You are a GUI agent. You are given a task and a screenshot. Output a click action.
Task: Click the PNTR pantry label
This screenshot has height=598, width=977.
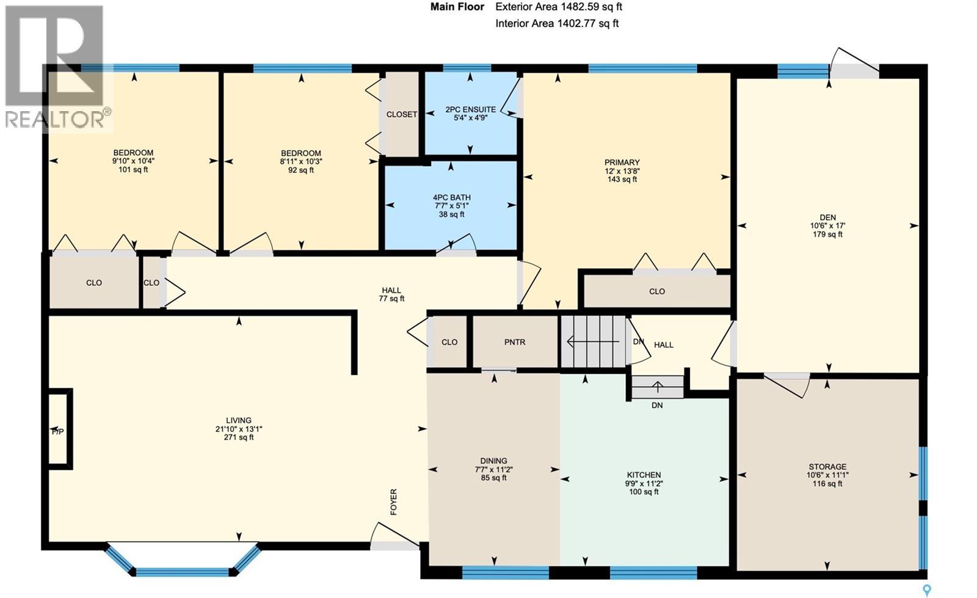515,342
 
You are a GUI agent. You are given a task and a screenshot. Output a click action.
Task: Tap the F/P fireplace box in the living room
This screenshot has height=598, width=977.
59,430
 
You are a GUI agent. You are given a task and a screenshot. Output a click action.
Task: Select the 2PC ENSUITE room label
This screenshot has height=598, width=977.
470,110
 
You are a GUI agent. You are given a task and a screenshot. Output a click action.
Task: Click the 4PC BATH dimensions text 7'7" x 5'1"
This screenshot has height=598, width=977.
451,206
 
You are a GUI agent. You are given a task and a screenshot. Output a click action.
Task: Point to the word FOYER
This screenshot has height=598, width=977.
394,501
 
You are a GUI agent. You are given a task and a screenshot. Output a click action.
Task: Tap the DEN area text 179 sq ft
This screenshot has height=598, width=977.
827,234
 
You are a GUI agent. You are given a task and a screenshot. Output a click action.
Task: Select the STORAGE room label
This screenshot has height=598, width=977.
827,467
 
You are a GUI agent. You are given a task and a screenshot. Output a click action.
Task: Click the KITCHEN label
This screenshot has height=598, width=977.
644,475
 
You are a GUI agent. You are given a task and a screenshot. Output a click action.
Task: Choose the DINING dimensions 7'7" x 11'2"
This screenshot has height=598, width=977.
493,470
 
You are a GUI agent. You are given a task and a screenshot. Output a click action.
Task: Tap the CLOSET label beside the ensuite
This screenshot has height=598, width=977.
402,114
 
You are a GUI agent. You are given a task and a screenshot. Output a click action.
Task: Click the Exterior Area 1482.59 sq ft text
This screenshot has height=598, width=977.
559,7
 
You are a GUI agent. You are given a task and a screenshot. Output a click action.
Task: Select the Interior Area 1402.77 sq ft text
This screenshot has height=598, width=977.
557,24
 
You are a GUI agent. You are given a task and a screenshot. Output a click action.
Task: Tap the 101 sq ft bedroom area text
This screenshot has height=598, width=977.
133,169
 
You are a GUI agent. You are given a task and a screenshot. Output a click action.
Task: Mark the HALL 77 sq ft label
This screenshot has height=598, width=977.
391,294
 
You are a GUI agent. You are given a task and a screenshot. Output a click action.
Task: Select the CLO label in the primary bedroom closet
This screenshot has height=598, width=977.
657,291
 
